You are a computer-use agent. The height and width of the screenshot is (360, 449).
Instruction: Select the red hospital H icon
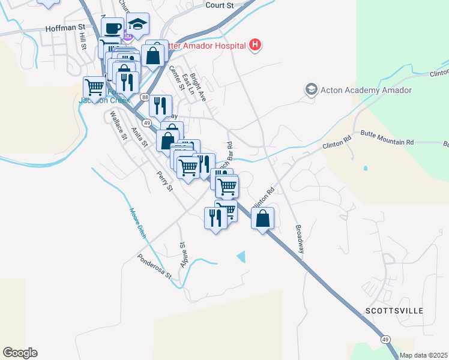coord(256,45)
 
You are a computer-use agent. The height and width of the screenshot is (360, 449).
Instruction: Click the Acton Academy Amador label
coord(366,90)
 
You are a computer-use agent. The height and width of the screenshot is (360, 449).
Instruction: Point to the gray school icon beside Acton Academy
coord(311,90)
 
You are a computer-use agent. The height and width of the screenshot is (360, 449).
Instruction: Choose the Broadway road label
coord(300,239)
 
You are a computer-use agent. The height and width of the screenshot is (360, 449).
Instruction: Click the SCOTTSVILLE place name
coord(394,311)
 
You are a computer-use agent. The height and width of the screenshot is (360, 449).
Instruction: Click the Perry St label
coord(164,181)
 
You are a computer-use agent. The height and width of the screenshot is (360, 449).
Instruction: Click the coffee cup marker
coord(112,28)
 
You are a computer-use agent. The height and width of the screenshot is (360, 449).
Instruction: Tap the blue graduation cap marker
coord(138,25)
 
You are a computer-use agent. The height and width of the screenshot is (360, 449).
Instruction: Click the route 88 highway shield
coord(145,97)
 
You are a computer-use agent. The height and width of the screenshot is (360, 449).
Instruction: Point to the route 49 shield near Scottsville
coord(385,340)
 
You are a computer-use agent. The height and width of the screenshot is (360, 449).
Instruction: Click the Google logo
coord(20,352)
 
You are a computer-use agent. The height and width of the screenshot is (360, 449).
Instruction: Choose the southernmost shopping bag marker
coord(263,219)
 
